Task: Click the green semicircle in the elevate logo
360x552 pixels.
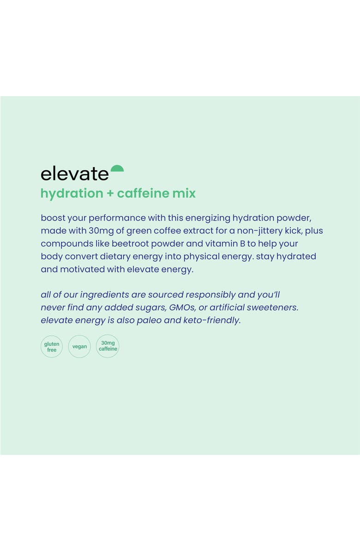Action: click(x=117, y=168)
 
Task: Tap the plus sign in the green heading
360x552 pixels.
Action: click(x=110, y=193)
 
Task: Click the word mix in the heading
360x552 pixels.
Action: click(x=184, y=193)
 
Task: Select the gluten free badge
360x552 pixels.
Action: click(x=52, y=347)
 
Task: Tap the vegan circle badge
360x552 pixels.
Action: click(x=79, y=347)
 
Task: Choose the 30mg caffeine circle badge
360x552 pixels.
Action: click(x=108, y=347)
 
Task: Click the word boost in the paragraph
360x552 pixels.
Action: click(x=53, y=218)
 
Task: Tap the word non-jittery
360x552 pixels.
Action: click(x=259, y=231)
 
